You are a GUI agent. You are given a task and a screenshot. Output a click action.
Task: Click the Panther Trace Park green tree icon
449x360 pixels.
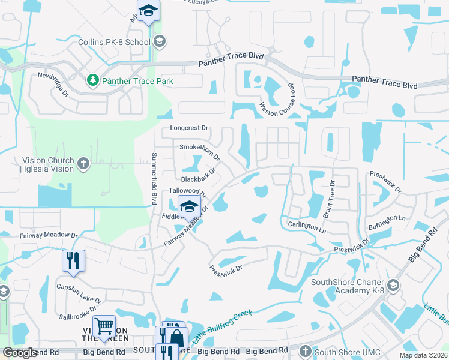(92, 80)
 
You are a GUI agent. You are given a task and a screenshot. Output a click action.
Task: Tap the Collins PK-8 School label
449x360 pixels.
(114, 42)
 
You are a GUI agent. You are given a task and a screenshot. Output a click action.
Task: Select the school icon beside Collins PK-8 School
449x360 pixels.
(159, 41)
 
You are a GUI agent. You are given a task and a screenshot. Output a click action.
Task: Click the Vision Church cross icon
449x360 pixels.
(83, 163)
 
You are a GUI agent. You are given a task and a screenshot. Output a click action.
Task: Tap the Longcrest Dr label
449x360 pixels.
(188, 128)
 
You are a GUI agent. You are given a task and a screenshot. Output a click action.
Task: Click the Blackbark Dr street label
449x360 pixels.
(198, 176)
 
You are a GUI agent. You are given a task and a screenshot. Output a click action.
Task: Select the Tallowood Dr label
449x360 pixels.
(188, 191)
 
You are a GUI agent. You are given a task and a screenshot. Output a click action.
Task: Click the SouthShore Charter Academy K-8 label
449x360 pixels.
(346, 286)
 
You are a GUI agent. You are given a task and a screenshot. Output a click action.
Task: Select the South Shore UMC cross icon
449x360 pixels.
(305, 350)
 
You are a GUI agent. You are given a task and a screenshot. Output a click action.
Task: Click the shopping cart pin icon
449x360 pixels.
(104, 327)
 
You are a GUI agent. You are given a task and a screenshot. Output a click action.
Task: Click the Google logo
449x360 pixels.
(20, 353)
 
